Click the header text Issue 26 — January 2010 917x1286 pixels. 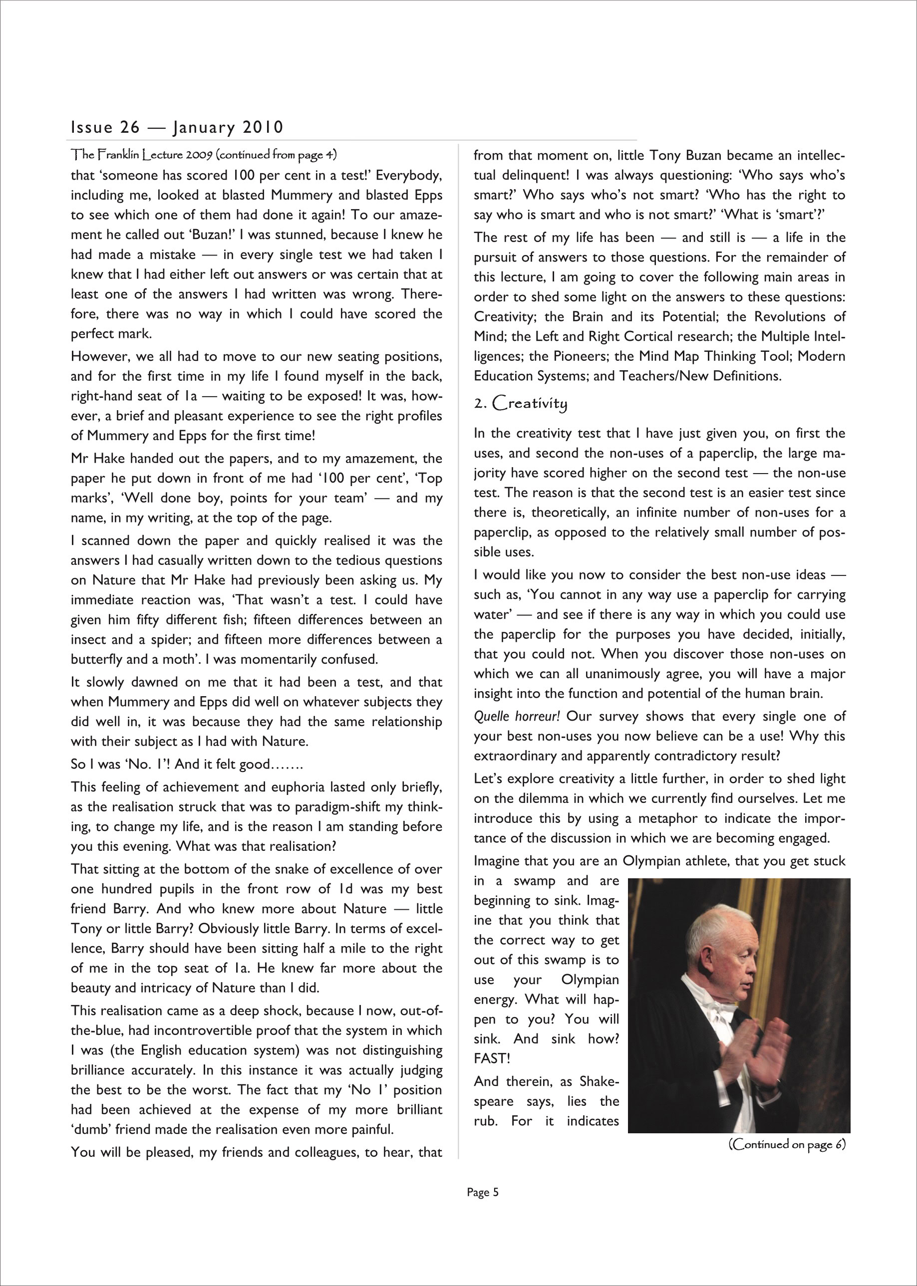[177, 128]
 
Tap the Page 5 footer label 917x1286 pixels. [483, 1192]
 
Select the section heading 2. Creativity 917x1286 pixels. [520, 403]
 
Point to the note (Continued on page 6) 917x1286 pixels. [787, 1144]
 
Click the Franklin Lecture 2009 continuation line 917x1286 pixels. [204, 154]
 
